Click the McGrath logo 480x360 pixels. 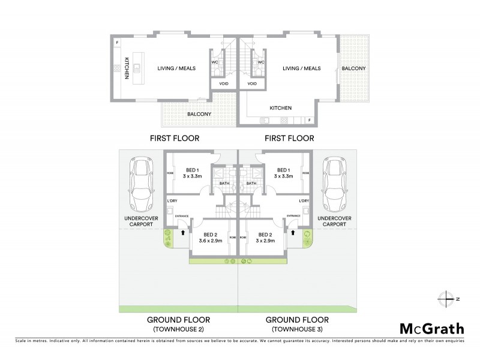tap(431, 328)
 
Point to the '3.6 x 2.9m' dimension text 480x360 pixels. tap(211, 242)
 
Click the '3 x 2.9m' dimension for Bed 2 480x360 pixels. tap(265, 242)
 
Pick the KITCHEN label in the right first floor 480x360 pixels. tap(280, 108)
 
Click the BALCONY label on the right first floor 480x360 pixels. tap(353, 68)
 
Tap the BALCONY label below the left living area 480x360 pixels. tap(198, 114)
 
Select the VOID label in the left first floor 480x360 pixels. tap(223, 83)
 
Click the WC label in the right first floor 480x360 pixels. tap(261, 62)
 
